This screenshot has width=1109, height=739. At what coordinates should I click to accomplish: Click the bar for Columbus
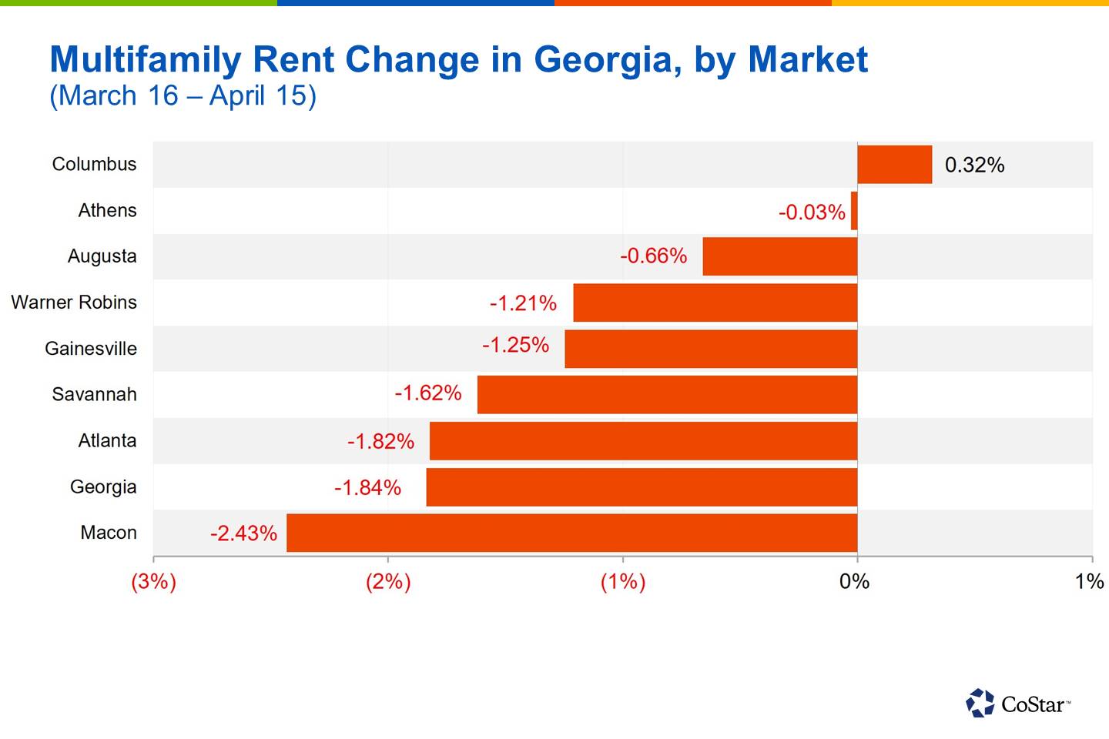tap(894, 165)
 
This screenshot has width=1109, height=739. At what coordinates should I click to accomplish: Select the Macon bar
tap(571, 533)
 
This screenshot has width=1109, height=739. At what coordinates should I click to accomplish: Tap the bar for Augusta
tap(779, 256)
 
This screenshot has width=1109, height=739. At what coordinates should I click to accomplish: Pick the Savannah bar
tap(667, 395)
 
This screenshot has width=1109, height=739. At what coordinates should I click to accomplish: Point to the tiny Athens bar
tap(854, 211)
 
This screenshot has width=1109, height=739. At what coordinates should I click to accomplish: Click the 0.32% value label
tap(974, 166)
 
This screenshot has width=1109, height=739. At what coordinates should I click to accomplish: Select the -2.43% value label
tap(243, 533)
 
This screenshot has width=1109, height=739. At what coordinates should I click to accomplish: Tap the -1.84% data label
tap(367, 487)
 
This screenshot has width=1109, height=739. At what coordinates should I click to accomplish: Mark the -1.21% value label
tap(523, 303)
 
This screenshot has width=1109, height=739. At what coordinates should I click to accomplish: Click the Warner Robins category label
tap(74, 303)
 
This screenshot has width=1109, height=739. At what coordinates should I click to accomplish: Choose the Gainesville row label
tap(91, 349)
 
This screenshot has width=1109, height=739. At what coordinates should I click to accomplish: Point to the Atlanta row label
tap(107, 441)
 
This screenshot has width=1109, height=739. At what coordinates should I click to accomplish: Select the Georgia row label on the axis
tap(103, 487)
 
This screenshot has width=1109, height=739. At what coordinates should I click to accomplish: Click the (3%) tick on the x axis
tap(153, 581)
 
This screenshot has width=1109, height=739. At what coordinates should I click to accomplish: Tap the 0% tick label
tap(854, 581)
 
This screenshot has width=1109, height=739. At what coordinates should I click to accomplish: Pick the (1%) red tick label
tap(622, 581)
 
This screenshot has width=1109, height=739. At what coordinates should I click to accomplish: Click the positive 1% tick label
tap(1089, 581)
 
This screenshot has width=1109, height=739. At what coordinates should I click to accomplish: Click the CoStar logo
tap(1017, 704)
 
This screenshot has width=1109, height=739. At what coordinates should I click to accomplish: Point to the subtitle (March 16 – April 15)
tap(183, 96)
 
